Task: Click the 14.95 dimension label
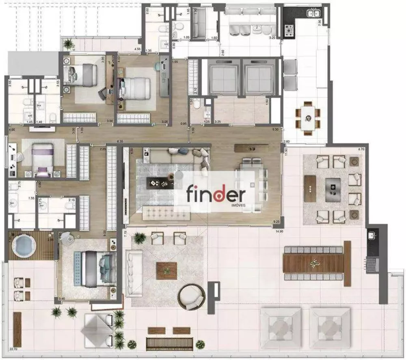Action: [279, 231]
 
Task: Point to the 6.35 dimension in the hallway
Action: [120, 141]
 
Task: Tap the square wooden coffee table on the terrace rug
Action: [166, 271]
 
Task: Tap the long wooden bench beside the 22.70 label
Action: [17, 329]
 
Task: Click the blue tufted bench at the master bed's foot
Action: [78, 269]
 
